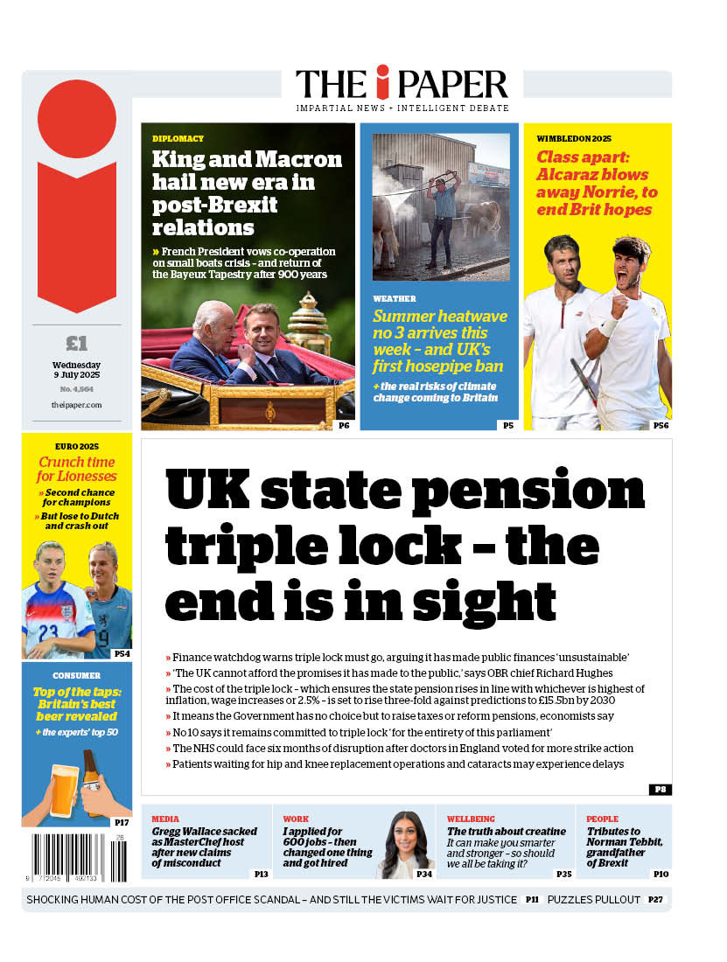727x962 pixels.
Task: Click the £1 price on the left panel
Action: [x=77, y=343]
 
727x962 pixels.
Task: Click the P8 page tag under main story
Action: [x=661, y=789]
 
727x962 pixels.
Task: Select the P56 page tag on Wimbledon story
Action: [x=661, y=425]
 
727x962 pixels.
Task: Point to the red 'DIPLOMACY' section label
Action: [x=178, y=139]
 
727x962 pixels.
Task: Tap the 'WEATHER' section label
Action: [x=395, y=298]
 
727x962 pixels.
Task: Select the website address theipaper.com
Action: [x=77, y=405]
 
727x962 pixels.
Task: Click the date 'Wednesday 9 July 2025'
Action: [x=77, y=370]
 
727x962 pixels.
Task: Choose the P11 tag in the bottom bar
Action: [x=532, y=900]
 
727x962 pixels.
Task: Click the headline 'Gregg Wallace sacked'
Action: [x=204, y=832]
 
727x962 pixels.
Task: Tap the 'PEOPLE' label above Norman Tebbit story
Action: [x=603, y=819]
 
